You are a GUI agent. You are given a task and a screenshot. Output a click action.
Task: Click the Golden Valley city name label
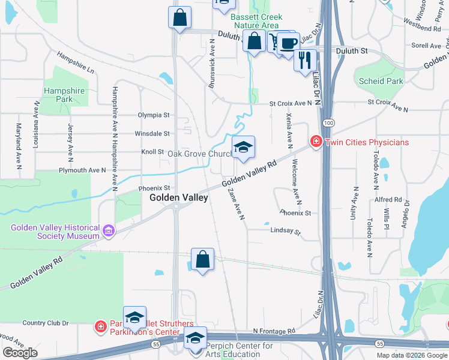click(x=178, y=197)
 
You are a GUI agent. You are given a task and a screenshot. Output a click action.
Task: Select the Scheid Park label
click(x=380, y=81)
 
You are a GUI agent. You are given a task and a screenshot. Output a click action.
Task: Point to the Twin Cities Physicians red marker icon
click(x=315, y=142)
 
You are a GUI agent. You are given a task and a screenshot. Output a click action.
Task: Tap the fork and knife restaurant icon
click(x=306, y=60)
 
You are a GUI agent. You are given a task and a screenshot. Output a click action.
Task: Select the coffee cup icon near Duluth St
click(x=288, y=44)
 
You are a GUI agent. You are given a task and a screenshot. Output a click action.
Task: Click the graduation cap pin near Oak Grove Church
click(x=243, y=148)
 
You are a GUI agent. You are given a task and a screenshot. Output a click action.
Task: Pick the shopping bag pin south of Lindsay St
click(x=203, y=260)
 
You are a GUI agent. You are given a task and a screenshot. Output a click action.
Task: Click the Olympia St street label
click(x=154, y=115)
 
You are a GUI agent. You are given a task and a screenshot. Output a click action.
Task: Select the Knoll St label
click(x=153, y=152)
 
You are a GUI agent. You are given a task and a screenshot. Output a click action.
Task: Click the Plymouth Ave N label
click(x=82, y=170)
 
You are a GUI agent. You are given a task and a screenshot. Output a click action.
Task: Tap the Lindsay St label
click(x=285, y=230)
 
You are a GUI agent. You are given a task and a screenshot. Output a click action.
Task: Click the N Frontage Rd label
click(x=274, y=331)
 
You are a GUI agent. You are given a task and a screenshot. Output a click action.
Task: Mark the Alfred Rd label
click(x=388, y=200)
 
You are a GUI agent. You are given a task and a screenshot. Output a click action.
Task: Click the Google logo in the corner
click(x=20, y=353)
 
